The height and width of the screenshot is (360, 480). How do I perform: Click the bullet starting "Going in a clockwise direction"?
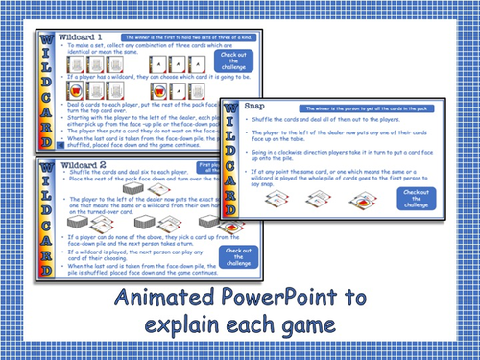click(355, 154)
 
